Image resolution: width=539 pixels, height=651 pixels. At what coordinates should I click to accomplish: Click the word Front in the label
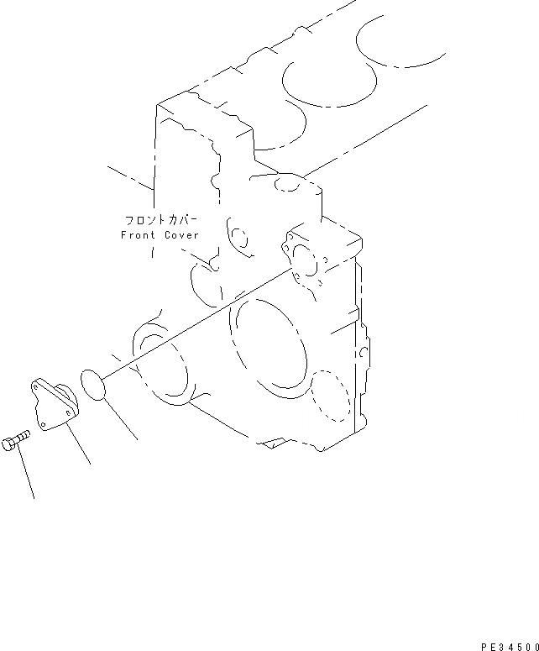138,236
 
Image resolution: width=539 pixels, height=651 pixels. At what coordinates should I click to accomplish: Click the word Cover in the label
181,236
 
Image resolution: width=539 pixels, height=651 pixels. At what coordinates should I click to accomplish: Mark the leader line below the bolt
25,473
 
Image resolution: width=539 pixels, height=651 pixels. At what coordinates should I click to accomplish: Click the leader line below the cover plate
79,446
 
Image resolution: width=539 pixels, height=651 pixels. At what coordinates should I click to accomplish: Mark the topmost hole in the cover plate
37,385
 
